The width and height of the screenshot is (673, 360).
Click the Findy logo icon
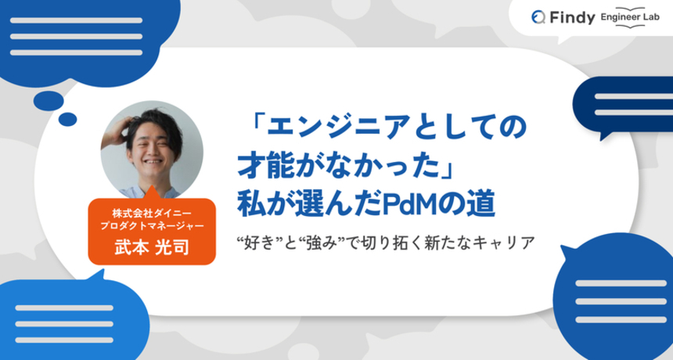[538, 17]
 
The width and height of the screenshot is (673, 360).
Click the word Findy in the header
[572, 17]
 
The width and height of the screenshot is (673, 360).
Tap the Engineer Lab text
[630, 17]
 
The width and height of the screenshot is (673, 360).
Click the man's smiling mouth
[153, 162]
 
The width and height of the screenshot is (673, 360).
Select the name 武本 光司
[152, 247]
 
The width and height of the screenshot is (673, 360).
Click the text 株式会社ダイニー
[152, 213]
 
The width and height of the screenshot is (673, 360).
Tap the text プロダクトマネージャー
[152, 225]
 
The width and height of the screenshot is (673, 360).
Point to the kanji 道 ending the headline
[482, 204]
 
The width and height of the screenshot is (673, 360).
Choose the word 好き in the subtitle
[259, 243]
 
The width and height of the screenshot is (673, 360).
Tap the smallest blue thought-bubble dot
[67, 119]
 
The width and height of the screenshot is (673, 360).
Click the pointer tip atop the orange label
[151, 186]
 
